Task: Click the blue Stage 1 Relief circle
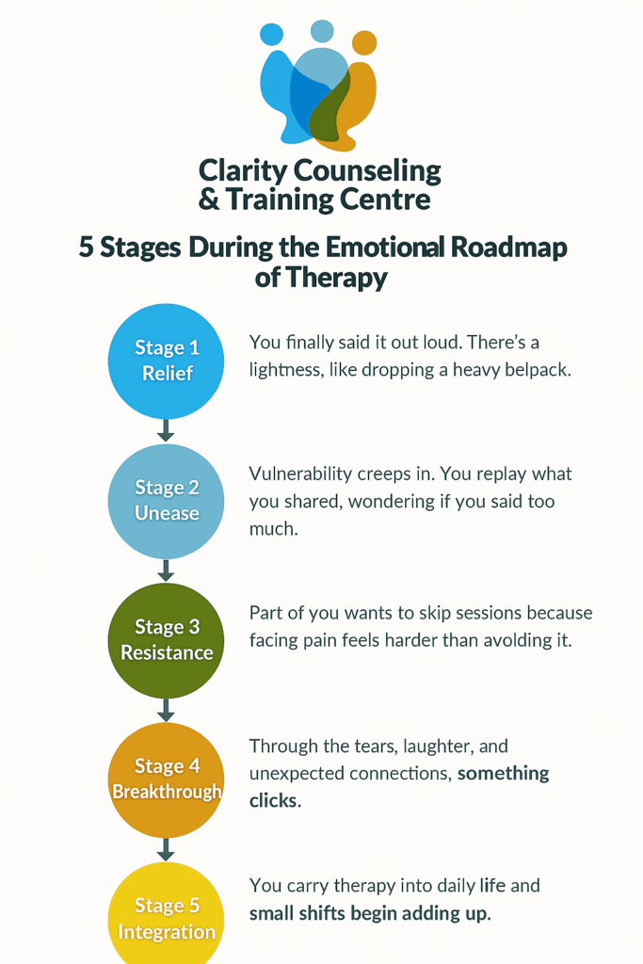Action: [167, 361]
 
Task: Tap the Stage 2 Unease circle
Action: [167, 501]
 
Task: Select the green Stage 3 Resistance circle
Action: [167, 640]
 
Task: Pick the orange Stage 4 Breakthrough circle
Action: [167, 779]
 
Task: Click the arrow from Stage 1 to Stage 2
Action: [167, 430]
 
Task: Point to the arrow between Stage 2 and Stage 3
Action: [167, 570]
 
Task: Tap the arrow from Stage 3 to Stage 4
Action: [167, 710]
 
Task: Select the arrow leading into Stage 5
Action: [167, 849]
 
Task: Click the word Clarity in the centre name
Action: [243, 171]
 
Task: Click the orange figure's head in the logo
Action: [363, 43]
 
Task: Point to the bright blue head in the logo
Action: [271, 35]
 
